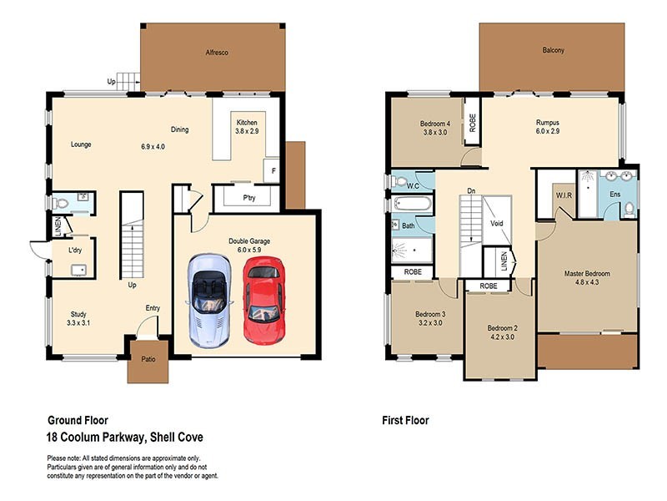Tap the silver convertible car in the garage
point(208,301)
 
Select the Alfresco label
point(217,53)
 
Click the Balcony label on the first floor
point(553,50)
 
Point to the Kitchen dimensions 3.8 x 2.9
point(248,131)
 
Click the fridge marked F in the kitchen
point(272,170)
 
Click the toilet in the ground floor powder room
point(60,203)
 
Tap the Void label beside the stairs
point(496,224)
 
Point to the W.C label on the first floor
point(412,186)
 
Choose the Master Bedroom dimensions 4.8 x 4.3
point(586,283)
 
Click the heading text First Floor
point(404,420)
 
